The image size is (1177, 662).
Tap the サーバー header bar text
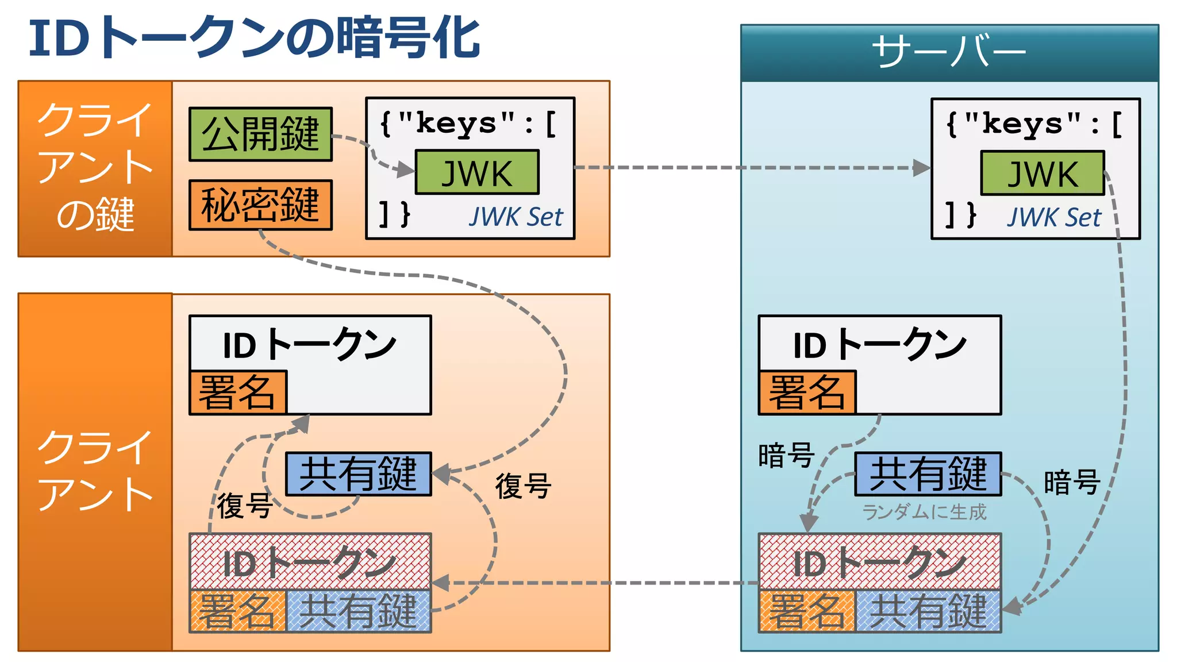pos(949,52)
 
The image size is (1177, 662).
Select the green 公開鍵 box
pos(260,134)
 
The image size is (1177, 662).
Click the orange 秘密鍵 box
pos(260,205)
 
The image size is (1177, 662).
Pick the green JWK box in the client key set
pos(477,172)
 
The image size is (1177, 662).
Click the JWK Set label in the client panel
pos(516,217)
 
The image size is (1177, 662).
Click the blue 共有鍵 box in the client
pos(358,474)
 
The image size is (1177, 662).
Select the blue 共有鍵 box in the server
pos(928,474)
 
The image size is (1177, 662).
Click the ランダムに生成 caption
pos(924,512)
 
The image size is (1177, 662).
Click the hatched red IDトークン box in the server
pos(879,562)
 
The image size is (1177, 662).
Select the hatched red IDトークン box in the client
pos(310,562)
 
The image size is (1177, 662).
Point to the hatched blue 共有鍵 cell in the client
pos(358,611)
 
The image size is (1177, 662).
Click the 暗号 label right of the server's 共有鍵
pos(1072,482)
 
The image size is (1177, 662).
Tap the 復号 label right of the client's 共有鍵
pos(523,486)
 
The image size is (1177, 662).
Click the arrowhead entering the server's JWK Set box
pos(922,168)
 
